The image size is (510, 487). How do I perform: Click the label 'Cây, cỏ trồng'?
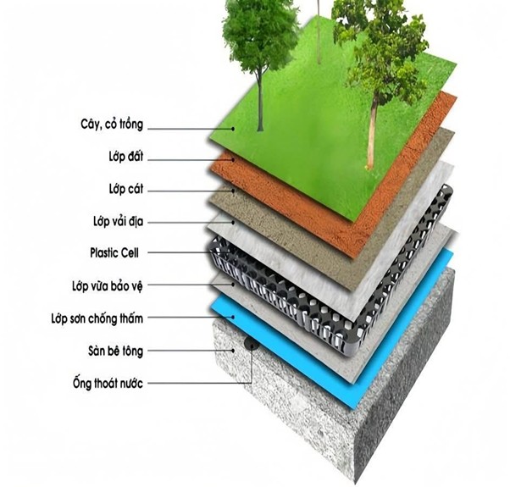point(112,125)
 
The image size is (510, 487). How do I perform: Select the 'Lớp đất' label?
point(126,157)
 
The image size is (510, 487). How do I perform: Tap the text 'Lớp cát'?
point(126,189)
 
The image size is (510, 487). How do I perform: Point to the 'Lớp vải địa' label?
point(118,221)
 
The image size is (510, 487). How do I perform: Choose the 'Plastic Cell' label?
point(114,252)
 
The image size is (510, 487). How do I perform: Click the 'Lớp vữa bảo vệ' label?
point(108,286)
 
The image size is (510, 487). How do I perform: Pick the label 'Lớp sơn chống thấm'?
point(97,318)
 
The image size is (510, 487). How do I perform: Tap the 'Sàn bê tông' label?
point(115,351)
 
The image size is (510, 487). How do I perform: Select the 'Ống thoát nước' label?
point(108,382)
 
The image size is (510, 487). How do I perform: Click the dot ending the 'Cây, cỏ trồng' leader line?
point(233,129)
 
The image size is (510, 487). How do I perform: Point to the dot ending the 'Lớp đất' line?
point(233,159)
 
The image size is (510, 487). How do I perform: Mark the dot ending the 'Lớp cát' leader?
point(233,191)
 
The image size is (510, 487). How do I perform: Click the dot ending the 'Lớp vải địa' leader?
point(233,223)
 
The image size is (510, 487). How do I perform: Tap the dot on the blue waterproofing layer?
point(233,317)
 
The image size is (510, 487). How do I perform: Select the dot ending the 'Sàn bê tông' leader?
point(233,351)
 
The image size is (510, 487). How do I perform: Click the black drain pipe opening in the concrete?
point(250,344)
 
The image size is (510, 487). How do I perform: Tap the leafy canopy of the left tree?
point(260,32)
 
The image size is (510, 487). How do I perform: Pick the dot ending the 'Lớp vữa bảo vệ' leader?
point(233,284)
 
